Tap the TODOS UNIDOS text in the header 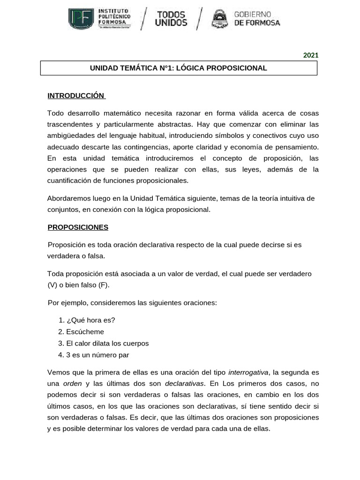(171, 19)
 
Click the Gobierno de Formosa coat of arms (220, 19)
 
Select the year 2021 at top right (310, 55)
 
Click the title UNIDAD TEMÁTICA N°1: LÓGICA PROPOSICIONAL (179, 68)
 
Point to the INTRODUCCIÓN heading (76, 96)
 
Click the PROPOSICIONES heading (78, 227)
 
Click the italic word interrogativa (248, 373)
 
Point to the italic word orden (72, 384)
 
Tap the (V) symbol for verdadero (52, 285)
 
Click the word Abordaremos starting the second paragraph (67, 198)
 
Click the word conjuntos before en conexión (62, 210)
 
